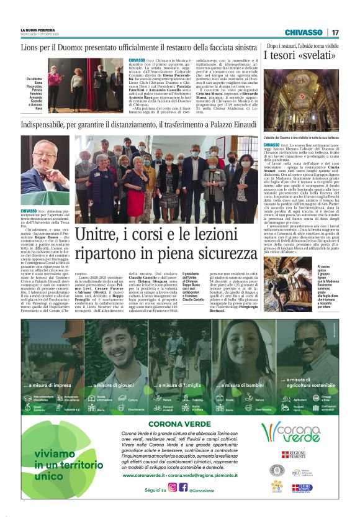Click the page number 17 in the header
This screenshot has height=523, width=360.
(x=335, y=32)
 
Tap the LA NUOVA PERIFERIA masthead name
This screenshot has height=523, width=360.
(x=38, y=30)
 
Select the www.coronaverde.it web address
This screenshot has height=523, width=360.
(x=143, y=475)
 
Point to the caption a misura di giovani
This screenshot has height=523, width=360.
(x=112, y=385)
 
